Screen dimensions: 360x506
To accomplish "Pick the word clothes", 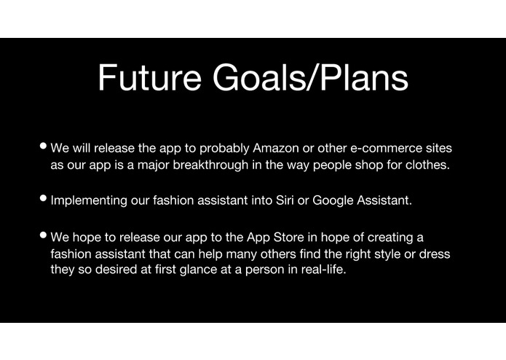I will click(x=430, y=165).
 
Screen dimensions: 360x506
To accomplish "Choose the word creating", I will click(x=393, y=238).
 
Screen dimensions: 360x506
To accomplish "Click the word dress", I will click(x=435, y=254).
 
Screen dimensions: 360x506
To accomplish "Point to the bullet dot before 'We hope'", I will click(x=44, y=236).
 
